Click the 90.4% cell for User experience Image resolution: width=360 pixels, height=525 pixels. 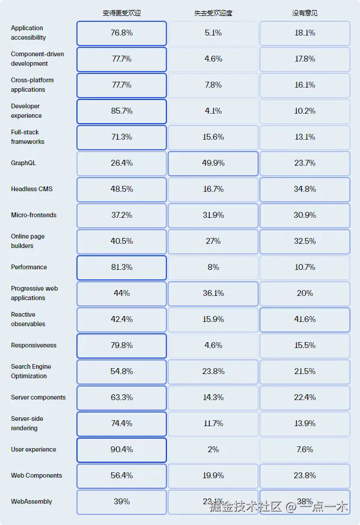pos(121,449)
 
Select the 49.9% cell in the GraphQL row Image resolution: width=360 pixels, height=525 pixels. pos(213,163)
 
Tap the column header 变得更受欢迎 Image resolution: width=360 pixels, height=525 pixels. pos(121,12)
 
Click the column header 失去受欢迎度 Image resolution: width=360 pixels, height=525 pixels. pos(213,12)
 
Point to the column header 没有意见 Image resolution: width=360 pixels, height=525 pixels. pos(304,12)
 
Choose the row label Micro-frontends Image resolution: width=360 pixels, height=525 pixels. pos(34,215)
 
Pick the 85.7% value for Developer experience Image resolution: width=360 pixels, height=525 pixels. pos(121,111)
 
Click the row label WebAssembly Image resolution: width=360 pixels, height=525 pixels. pos(31,501)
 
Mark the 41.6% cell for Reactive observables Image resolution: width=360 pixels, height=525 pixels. pos(304,319)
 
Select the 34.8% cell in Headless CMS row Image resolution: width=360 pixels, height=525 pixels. pos(304,189)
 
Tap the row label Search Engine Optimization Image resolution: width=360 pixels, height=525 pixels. pos(31,371)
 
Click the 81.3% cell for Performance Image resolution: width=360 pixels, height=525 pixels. pos(121,267)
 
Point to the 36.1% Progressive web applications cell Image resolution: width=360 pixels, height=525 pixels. pos(213,293)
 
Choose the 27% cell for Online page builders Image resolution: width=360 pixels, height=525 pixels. pos(213,241)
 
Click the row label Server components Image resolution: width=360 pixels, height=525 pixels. pos(38,397)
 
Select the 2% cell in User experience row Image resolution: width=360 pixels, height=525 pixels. pos(213,449)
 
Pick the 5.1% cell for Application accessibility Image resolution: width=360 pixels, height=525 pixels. pos(213,33)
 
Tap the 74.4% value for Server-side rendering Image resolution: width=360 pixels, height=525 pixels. pos(121,423)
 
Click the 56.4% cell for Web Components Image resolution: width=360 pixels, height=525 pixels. pos(121,475)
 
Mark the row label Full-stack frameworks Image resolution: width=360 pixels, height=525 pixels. pos(27,137)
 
